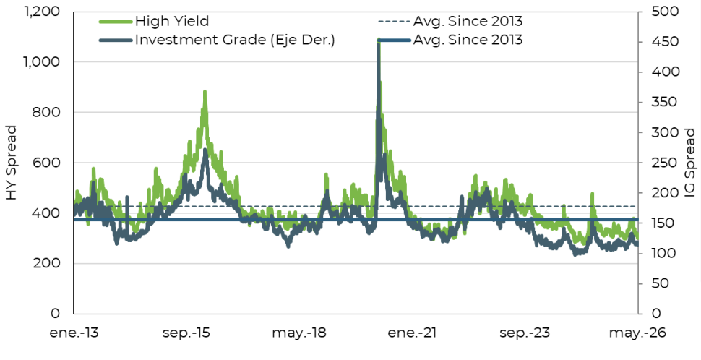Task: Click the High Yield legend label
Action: pos(172,21)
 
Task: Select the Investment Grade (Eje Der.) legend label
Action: pos(235,40)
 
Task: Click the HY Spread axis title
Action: pos(12,163)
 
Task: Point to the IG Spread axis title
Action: pos(690,163)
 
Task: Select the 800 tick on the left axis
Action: pos(47,112)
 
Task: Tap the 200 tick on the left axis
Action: pos(47,263)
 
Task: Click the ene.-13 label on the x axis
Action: pos(74,333)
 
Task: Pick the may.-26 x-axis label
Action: pos(637,333)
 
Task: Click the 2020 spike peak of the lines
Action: pos(379,40)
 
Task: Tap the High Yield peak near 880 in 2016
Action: pos(205,92)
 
